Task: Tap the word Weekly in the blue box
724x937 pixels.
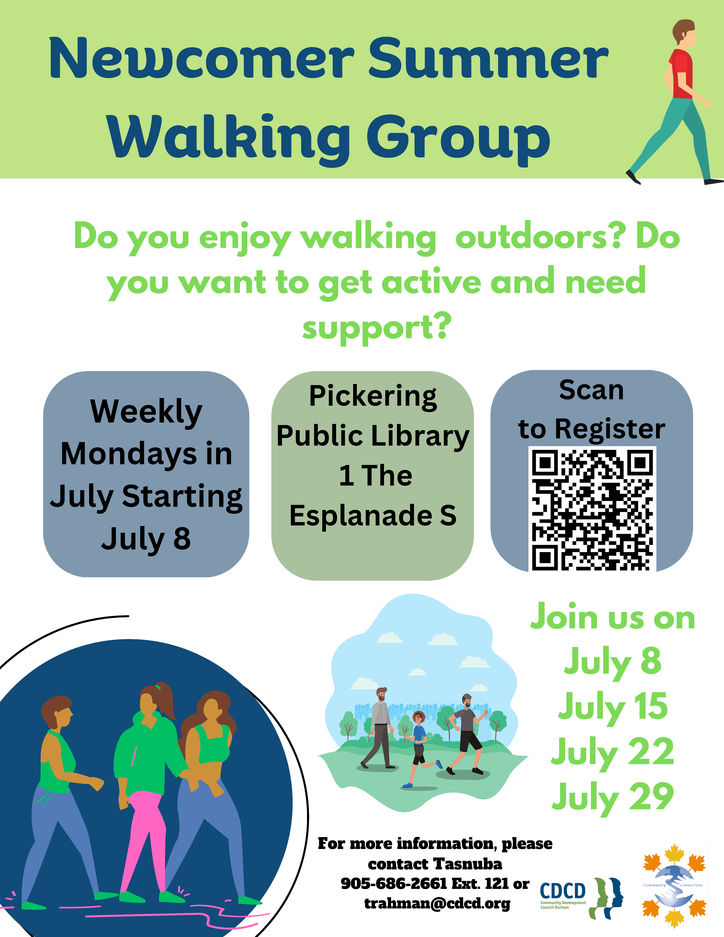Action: pos(146,412)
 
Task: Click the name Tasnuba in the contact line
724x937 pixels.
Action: pos(468,864)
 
